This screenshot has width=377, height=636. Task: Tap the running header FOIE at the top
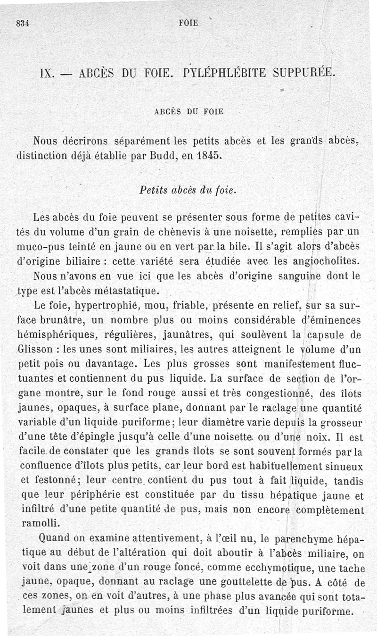tap(189, 22)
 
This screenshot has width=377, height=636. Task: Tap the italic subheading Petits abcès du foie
tap(188, 190)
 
